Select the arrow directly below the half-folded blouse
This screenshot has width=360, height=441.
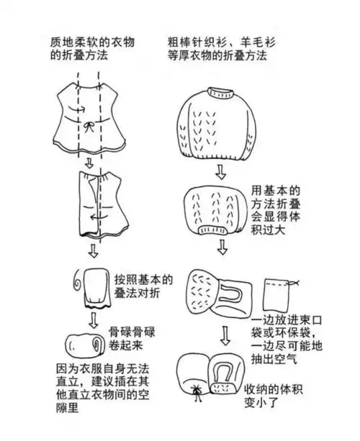point(91,251)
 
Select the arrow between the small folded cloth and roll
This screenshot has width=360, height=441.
point(92,318)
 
